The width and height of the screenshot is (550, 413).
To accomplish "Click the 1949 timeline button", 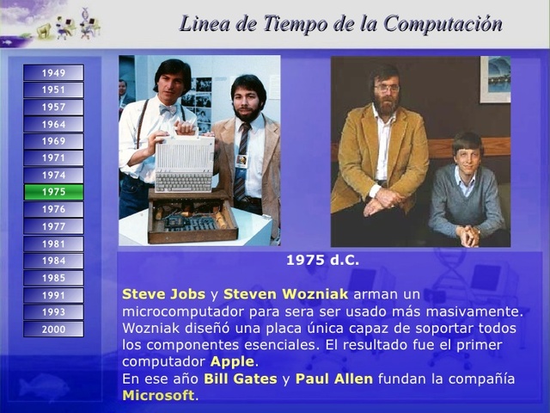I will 53,73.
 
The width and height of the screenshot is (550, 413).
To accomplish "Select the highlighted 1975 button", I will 53,192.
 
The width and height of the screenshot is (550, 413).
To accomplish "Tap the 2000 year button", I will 53,329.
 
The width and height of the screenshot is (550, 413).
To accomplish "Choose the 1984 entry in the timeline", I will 53,260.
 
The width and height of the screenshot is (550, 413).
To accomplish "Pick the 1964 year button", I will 53,124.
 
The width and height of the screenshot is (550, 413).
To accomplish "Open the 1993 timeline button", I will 53,311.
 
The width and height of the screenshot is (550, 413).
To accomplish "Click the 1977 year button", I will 53,226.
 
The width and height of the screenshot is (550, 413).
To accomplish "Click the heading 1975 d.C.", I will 322,260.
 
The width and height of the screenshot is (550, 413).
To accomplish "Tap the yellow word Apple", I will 232,361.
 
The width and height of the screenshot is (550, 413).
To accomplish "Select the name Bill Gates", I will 240,379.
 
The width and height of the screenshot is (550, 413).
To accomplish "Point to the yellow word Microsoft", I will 158,396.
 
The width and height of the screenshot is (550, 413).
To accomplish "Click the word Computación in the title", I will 443,24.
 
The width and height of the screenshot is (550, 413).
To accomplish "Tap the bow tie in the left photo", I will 168,108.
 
